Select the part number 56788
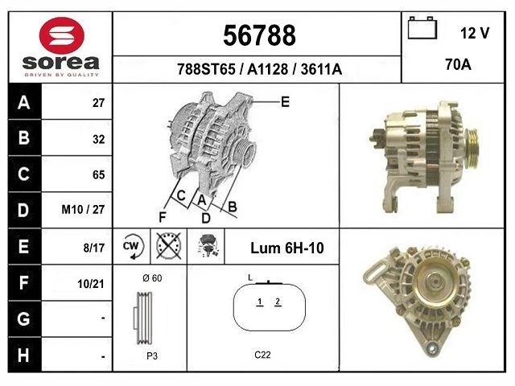pyautogui.click(x=258, y=35)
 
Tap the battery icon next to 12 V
pyautogui.click(x=422, y=30)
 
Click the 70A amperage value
pyautogui.click(x=457, y=65)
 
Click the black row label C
pyautogui.click(x=23, y=174)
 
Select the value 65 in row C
pyautogui.click(x=98, y=175)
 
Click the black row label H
pyautogui.click(x=23, y=354)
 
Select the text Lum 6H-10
pyautogui.click(x=286, y=248)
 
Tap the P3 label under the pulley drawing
pyautogui.click(x=150, y=355)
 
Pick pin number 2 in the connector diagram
pyautogui.click(x=278, y=302)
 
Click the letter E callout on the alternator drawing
pyautogui.click(x=285, y=101)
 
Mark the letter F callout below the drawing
pyautogui.click(x=163, y=216)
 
